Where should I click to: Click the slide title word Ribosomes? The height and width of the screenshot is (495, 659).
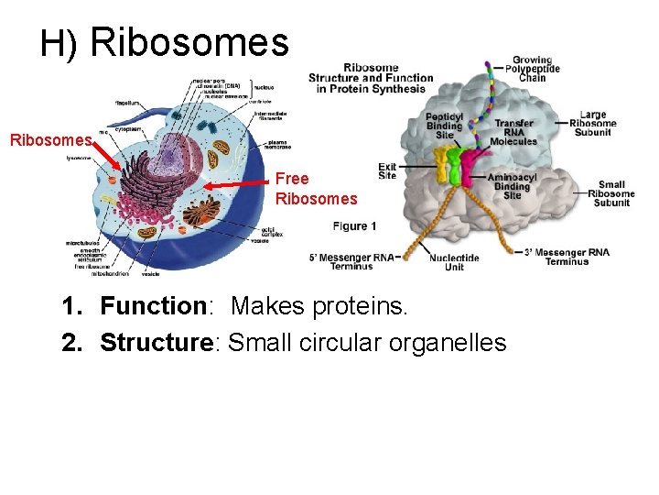tap(190, 41)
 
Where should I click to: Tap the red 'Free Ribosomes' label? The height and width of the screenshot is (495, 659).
tap(316, 189)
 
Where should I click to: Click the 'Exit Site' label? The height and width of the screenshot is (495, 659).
tap(387, 171)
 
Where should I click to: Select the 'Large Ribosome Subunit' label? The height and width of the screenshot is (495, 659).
tap(593, 125)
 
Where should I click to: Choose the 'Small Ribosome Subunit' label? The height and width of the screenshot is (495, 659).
tap(610, 193)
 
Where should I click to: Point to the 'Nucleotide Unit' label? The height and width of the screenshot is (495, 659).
tap(454, 261)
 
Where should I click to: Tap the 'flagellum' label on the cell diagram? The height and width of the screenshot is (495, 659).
tap(128, 103)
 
